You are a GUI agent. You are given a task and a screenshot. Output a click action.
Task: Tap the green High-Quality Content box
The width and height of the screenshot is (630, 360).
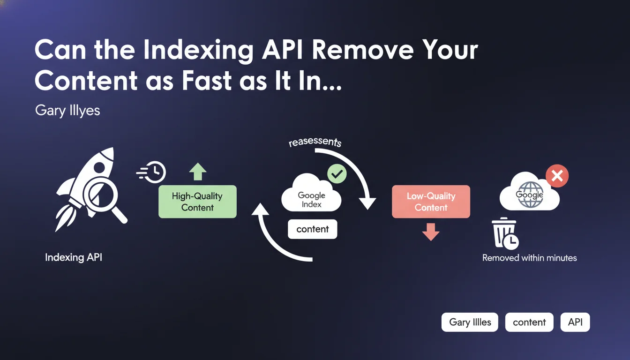click(x=197, y=202)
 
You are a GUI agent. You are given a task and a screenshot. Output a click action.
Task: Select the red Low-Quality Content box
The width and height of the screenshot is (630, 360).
click(x=431, y=202)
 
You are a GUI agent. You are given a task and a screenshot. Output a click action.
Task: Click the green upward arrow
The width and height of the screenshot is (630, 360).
click(x=197, y=172)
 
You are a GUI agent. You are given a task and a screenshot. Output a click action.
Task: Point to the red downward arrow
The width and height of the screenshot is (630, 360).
click(x=431, y=232)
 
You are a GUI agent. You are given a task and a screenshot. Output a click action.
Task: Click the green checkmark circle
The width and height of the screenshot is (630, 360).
click(x=337, y=174)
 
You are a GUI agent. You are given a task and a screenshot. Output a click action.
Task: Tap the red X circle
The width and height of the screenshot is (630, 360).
click(x=557, y=176)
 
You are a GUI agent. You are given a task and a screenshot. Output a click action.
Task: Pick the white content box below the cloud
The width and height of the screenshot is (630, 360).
click(x=312, y=229)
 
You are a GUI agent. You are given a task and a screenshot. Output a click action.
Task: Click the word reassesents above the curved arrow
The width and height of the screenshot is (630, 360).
click(x=315, y=141)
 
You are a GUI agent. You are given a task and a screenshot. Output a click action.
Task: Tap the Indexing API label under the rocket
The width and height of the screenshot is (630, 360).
click(x=74, y=257)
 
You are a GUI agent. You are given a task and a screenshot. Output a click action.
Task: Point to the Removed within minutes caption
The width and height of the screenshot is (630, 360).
click(x=529, y=258)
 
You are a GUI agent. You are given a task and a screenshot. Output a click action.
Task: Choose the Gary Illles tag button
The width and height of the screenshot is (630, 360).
click(x=470, y=322)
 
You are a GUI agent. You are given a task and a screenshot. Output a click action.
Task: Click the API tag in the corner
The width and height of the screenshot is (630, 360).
click(x=575, y=322)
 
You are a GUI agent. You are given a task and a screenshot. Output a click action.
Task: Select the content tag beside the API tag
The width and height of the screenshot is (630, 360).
click(x=529, y=322)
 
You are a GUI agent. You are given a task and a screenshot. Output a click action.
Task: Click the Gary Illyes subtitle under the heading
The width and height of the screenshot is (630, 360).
click(x=67, y=111)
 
